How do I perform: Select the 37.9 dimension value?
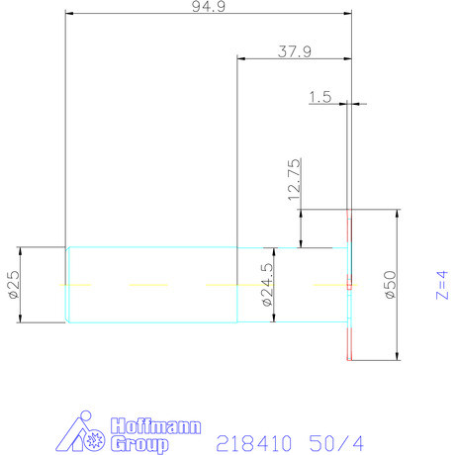[295, 52]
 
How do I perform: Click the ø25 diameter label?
[13, 284]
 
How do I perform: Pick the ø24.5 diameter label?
[267, 286]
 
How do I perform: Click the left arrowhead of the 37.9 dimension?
[241, 59]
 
